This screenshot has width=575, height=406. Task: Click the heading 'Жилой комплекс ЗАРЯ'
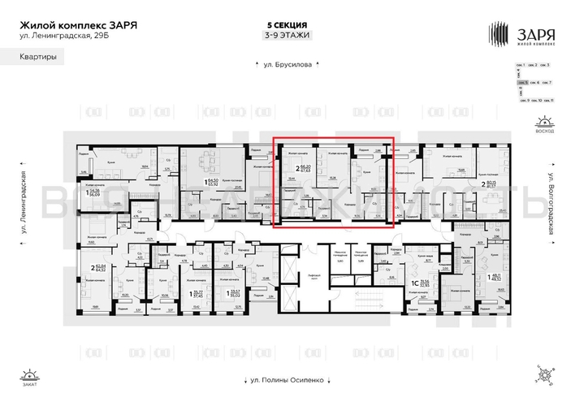[78, 25]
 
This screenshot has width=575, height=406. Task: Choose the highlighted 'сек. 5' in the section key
[523, 83]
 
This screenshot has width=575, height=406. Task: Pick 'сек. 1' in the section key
[521, 64]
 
